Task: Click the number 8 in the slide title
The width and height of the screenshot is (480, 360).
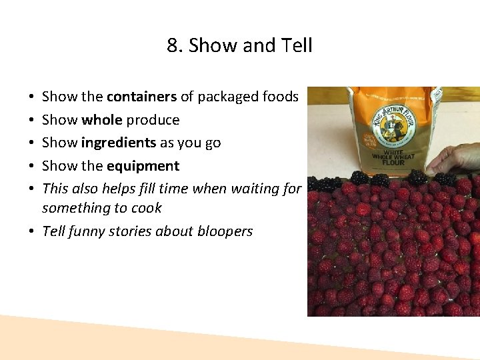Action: coord(172,45)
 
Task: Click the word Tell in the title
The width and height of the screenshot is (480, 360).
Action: coord(297,45)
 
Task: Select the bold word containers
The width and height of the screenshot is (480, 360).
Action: coord(141,97)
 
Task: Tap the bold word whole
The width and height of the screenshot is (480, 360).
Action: coord(102,120)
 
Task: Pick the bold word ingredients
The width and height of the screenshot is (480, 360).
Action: coord(119,143)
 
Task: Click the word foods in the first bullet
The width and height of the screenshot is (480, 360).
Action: coord(280,97)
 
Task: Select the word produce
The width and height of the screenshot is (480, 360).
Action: coord(153,120)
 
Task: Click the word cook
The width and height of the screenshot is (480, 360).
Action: coord(147,208)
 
